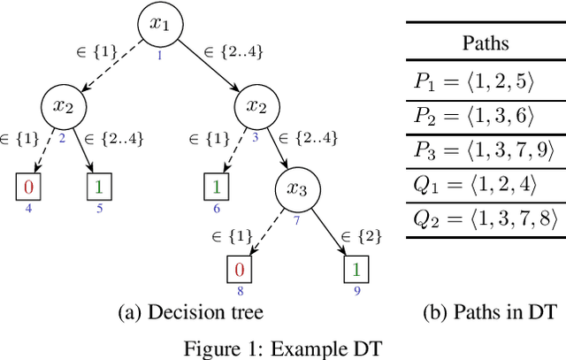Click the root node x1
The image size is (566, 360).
159,27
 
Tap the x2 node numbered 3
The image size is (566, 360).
256,108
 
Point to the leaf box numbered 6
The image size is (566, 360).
217,188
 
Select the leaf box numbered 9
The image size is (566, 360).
355,269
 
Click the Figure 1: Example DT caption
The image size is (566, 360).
282,347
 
